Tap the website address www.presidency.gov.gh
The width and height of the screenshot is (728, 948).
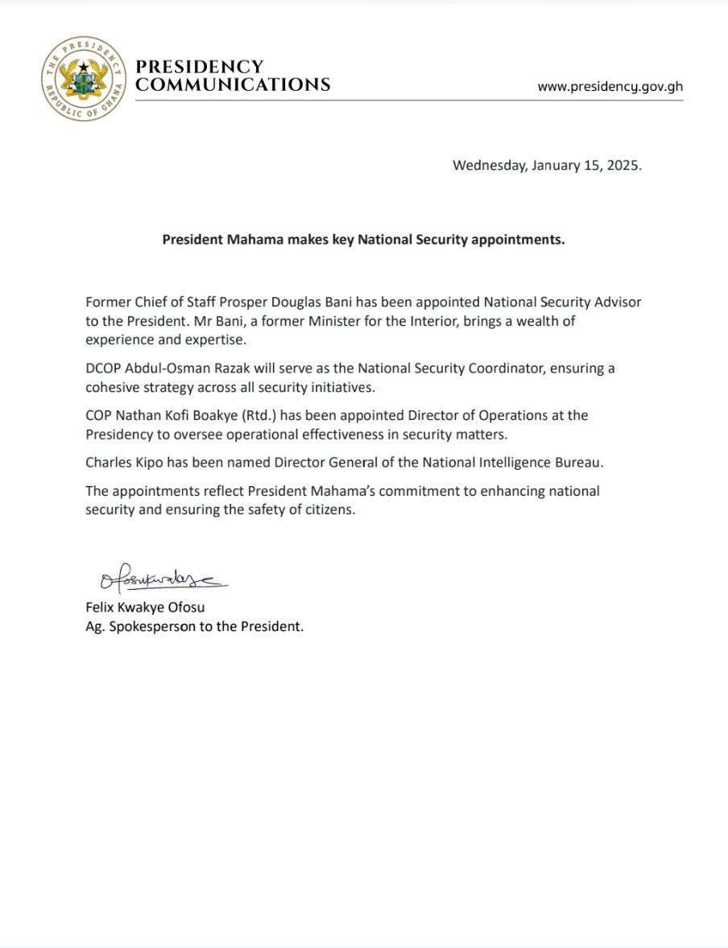point(610,86)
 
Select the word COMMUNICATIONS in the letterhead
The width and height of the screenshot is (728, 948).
point(233,84)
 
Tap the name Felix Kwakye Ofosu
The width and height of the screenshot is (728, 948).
point(151,608)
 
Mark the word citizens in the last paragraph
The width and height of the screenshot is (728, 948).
point(328,510)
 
